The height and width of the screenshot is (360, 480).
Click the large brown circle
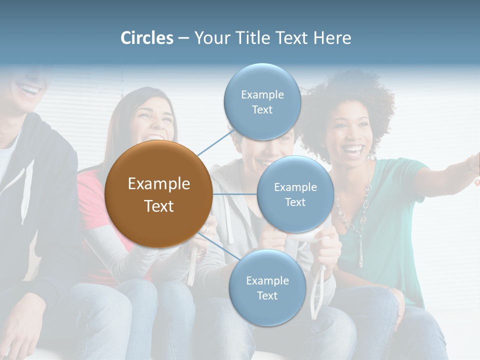click(x=158, y=194)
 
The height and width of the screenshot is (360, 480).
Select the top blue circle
click(x=262, y=101)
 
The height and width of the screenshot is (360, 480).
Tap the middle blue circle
click(x=295, y=194)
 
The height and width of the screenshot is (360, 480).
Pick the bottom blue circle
click(x=267, y=288)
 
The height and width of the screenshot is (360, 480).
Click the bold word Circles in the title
click(x=147, y=38)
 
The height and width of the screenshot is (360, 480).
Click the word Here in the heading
click(x=332, y=38)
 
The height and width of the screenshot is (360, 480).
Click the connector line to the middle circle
click(x=234, y=194)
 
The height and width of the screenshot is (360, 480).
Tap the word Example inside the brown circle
click(x=158, y=184)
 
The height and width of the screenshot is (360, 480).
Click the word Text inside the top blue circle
click(x=262, y=109)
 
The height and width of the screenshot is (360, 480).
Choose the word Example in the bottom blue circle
click(x=267, y=280)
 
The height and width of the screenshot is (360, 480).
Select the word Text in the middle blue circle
click(x=295, y=202)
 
